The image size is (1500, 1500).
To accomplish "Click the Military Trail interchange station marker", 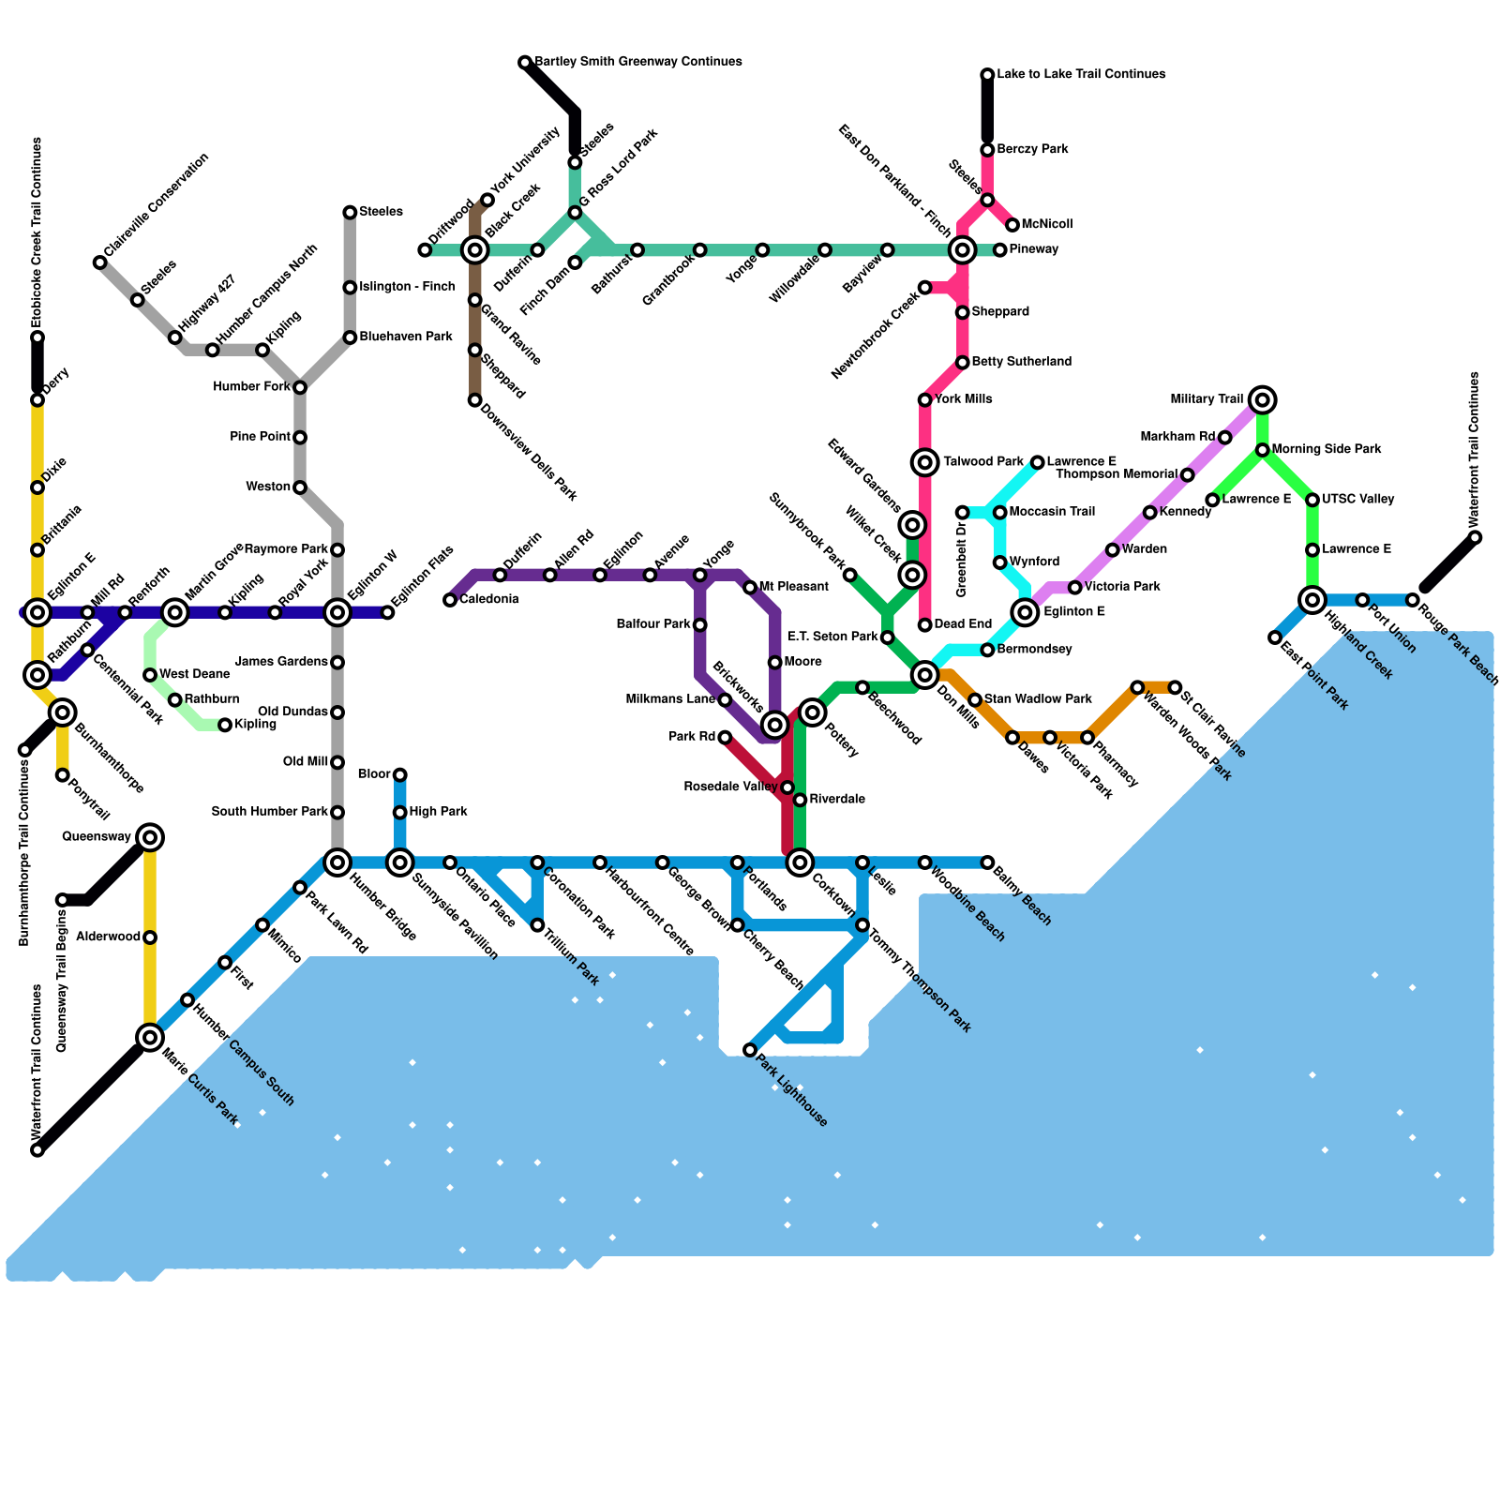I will coord(1263,400).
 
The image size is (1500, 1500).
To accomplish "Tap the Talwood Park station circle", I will coord(925,462).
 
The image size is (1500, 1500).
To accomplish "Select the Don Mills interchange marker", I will coord(925,675).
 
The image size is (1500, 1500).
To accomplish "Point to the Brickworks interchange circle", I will coord(774,725).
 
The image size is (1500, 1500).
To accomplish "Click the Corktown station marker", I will coord(800,862).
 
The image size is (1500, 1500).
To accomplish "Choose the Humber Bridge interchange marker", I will coord(337,862).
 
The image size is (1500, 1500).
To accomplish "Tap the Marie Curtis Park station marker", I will coord(150,1037).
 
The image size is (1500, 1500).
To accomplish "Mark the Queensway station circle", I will coord(150,837).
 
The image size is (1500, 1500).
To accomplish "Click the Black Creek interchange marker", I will coord(475,250).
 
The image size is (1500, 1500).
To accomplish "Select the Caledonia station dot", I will coord(450,600).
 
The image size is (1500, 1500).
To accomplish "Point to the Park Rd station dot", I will coord(725,738).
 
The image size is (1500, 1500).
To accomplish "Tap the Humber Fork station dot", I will coord(300,387).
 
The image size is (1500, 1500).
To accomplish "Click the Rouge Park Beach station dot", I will coord(1413,600).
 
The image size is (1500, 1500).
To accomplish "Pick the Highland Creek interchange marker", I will coord(1312,600).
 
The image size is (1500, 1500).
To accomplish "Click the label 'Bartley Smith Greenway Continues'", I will coord(637,62).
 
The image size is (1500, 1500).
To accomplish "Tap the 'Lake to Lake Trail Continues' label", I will coord(1081,74).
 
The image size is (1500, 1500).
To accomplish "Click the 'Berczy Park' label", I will coord(1032,149).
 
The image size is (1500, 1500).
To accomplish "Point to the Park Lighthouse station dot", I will coord(750,1050).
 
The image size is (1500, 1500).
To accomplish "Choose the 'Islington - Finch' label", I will coord(407,287).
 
